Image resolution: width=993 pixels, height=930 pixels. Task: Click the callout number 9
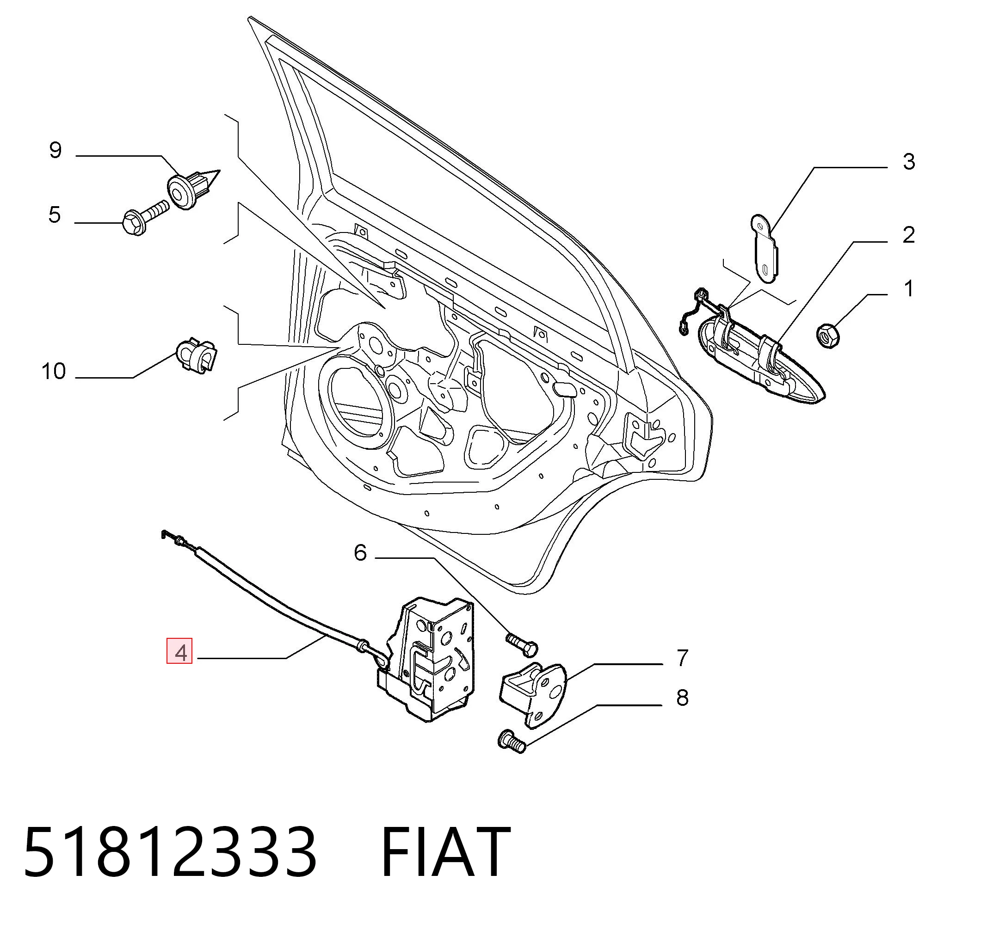pyautogui.click(x=56, y=150)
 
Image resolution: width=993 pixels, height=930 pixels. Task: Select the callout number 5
pyautogui.click(x=55, y=214)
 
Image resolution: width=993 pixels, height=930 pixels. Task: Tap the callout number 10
pyautogui.click(x=54, y=372)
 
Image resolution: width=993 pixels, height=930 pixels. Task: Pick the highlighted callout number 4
pyautogui.click(x=179, y=653)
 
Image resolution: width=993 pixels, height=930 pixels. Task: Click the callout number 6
pyautogui.click(x=360, y=553)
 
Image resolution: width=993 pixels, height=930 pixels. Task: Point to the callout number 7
pyautogui.click(x=682, y=658)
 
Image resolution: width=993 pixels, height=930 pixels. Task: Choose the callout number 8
pyautogui.click(x=682, y=698)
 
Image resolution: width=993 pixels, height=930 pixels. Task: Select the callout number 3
pyautogui.click(x=909, y=162)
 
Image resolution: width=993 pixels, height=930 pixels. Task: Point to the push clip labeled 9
pyautogui.click(x=192, y=189)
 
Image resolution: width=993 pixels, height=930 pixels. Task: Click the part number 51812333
pyautogui.click(x=170, y=852)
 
